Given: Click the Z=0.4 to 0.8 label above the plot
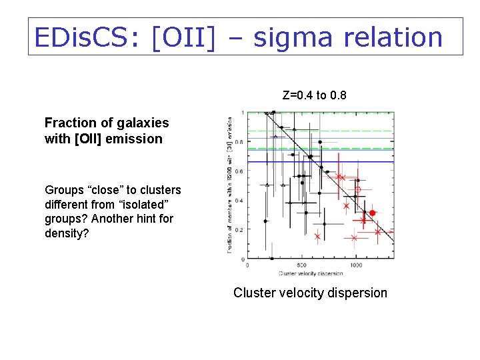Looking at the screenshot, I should pos(314,95).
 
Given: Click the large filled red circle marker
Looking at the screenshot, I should pos(373,213).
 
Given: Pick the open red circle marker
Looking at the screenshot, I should pos(358,189).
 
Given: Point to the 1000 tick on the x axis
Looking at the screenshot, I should pos(356,265).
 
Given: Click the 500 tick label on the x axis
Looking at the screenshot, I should pos(301,265).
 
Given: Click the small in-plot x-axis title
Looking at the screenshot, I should pos(310,273).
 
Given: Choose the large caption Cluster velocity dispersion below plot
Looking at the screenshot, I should pos(310,293).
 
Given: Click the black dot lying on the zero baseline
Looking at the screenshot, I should pos(272,258).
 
